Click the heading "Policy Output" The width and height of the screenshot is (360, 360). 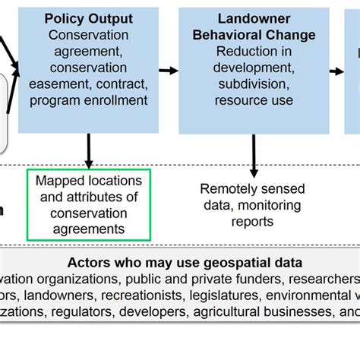pos(88,19)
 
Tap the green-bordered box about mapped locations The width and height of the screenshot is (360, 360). pos(89,205)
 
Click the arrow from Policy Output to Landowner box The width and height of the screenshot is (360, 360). pos(168,71)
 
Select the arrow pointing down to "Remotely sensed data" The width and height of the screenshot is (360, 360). pos(254,162)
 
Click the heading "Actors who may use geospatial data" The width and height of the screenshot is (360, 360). pos(185,263)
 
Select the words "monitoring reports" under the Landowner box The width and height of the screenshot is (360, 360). pos(254,213)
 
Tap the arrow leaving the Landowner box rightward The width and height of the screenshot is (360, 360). pos(336,71)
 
